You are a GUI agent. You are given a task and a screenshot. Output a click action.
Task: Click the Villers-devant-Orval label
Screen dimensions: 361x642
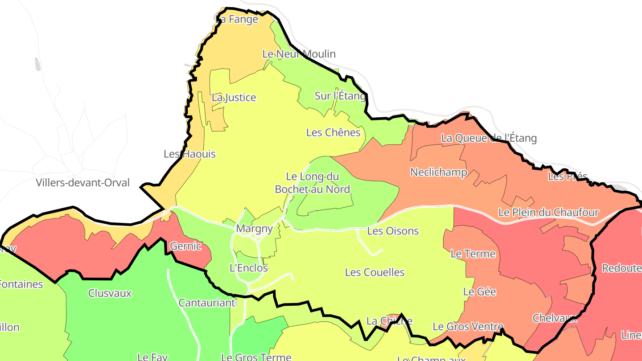(x=82, y=183)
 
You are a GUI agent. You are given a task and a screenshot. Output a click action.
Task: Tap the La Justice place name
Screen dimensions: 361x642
(x=234, y=98)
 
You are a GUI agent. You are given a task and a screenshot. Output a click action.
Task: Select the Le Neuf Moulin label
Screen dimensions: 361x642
(x=299, y=54)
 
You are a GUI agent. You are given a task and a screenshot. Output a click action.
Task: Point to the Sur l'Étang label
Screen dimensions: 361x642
(x=340, y=96)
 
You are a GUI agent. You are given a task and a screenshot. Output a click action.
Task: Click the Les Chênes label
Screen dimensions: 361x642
(x=333, y=133)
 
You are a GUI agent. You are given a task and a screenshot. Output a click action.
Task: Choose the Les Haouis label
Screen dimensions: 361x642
(x=189, y=154)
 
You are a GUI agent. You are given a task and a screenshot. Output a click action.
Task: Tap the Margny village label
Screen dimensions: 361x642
(x=254, y=229)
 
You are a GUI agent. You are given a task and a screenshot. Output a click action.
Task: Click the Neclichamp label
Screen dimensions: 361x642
(x=438, y=172)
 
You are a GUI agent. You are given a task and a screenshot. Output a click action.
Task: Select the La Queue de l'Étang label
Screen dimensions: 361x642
(x=489, y=138)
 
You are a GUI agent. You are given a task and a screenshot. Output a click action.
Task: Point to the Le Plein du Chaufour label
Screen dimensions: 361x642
(x=548, y=213)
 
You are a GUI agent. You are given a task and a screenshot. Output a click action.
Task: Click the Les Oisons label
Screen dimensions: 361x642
(x=393, y=231)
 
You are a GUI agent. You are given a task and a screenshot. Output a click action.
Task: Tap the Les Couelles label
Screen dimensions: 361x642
(x=374, y=272)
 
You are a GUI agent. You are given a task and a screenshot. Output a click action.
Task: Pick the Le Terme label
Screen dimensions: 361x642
(x=473, y=254)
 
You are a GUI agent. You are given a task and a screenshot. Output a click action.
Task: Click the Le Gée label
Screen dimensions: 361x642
(x=480, y=292)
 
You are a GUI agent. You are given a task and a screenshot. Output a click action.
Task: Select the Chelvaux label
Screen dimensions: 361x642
(x=555, y=318)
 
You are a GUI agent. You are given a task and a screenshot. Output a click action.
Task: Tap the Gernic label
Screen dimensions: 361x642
(x=185, y=246)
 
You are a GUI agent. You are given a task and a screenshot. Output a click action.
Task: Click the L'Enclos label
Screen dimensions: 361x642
(x=248, y=268)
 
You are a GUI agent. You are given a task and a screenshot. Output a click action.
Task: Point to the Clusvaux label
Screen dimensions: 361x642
(x=110, y=293)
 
